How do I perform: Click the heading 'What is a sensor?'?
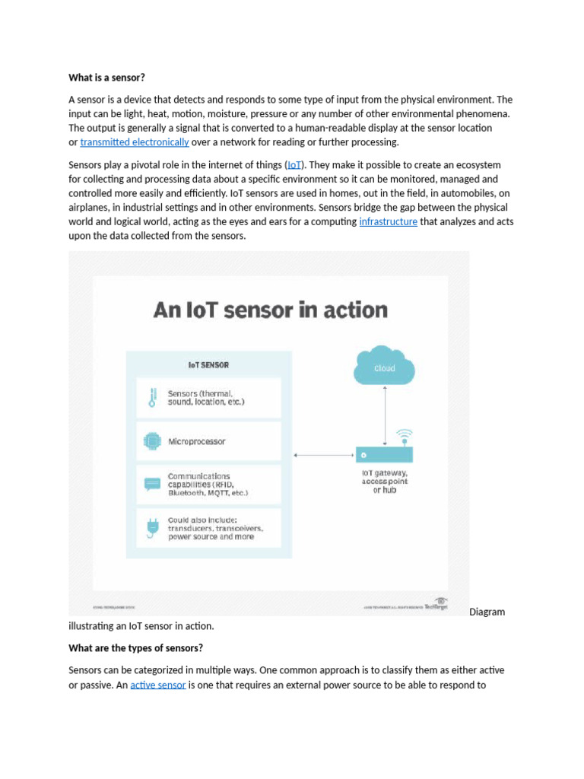106,77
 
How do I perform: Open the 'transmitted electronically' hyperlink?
135,142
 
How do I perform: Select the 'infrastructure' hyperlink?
388,221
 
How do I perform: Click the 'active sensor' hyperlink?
158,685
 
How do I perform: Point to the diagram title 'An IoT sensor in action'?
271,310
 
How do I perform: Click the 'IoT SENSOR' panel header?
208,365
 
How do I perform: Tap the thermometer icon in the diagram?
152,397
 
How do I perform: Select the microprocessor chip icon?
152,441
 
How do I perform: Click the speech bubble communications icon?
152,484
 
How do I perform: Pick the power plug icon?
152,527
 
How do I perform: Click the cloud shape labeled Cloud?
385,367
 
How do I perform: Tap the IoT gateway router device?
385,454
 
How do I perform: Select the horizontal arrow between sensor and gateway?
324,455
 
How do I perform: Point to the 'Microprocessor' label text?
196,441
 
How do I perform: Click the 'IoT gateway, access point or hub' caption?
385,481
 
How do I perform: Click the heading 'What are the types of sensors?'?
136,648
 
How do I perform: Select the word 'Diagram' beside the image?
487,612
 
